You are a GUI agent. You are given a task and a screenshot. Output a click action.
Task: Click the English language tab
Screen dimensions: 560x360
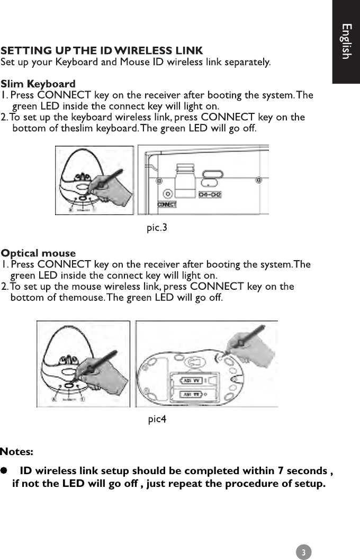tap(346, 41)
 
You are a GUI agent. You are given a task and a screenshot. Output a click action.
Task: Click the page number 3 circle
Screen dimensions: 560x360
tap(303, 552)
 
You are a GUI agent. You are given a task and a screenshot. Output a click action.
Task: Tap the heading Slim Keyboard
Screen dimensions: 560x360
tap(38, 84)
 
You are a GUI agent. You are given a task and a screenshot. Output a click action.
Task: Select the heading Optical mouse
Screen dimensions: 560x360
tap(38, 253)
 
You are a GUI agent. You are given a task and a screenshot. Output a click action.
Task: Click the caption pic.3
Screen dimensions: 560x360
tap(157, 228)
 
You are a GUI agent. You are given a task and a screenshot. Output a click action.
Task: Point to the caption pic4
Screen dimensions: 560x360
tap(157, 420)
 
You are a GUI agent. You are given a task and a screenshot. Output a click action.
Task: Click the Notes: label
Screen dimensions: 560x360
tap(17, 452)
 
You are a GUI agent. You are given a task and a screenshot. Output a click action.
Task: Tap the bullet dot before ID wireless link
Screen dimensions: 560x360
tap(4, 470)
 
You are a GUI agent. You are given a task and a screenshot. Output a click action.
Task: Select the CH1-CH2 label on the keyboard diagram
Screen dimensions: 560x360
tap(210, 195)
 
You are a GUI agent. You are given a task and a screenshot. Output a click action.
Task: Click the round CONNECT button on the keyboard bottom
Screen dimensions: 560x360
tap(168, 194)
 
